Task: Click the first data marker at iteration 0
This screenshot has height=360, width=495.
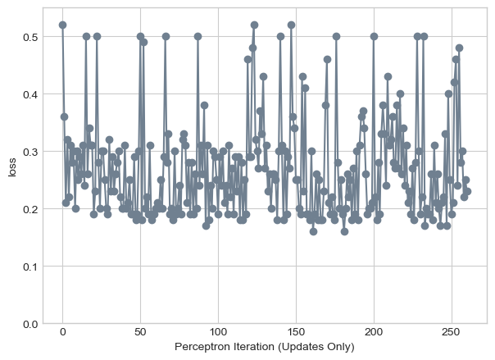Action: [x=62, y=25]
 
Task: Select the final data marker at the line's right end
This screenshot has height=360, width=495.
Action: [x=467, y=191]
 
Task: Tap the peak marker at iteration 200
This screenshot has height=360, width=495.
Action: [x=374, y=36]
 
